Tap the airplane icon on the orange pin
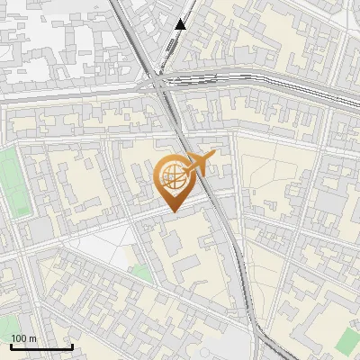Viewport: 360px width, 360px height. (x=196, y=164)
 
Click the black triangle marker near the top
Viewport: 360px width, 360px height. (x=181, y=24)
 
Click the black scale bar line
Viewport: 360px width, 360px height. (x=41, y=346)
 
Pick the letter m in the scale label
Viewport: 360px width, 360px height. (x=33, y=338)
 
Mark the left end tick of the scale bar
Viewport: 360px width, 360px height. (x=11, y=345)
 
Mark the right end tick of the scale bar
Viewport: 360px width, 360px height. (x=72, y=345)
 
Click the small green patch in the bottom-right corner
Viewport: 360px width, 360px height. (x=349, y=340)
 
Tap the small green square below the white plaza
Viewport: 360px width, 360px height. (x=139, y=272)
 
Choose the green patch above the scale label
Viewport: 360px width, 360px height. (x=7, y=324)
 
